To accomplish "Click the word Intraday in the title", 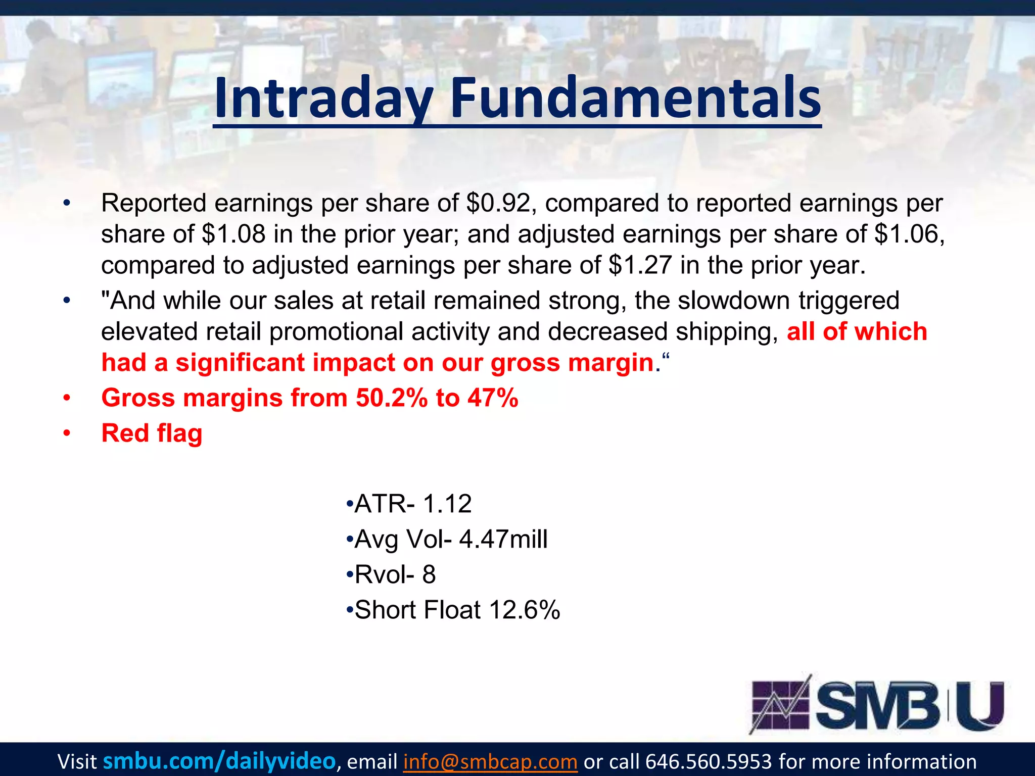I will tap(323, 99).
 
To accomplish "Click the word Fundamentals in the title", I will tap(635, 99).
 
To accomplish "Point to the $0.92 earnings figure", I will tap(498, 203).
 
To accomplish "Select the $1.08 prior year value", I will tap(233, 234).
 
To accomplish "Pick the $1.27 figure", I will tap(640, 266).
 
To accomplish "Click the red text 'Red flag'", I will tap(152, 433).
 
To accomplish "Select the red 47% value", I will tap(493, 398).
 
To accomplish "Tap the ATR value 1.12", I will tap(447, 504).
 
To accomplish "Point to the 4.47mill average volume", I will tap(503, 539).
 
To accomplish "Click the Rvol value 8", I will tap(429, 574).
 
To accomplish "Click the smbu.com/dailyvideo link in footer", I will tap(219, 761).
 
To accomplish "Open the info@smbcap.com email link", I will tap(490, 761).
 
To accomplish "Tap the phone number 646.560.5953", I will tap(709, 761).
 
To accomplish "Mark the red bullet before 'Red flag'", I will tap(67, 433).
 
